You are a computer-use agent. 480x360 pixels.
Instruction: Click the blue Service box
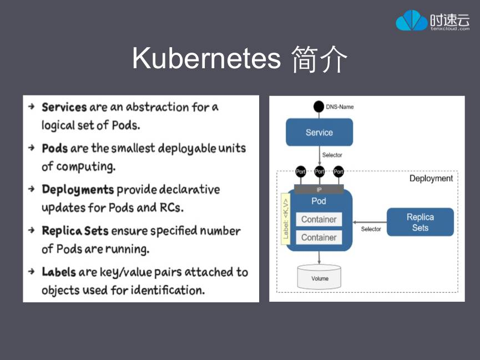tap(319, 133)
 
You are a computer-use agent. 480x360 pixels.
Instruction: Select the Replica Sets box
tap(420, 222)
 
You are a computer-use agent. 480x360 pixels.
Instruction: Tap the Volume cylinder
tap(319, 277)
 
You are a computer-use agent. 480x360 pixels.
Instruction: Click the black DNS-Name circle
tap(319, 107)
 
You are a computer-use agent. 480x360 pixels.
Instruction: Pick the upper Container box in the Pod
tap(319, 220)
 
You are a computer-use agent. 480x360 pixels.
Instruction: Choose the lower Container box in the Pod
tap(319, 237)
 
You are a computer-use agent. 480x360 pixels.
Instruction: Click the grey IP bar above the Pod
tap(319, 189)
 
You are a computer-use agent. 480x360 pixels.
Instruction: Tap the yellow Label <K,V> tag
tap(286, 219)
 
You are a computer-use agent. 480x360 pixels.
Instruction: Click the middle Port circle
tap(319, 171)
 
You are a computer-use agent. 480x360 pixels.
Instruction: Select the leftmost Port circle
tap(300, 171)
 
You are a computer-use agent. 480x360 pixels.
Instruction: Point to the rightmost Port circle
tap(338, 171)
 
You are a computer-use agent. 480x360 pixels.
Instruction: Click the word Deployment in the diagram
tap(431, 179)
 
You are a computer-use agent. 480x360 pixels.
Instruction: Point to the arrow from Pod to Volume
tap(319, 258)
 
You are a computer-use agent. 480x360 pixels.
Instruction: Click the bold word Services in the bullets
tap(64, 107)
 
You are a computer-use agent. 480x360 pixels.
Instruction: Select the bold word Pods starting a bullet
tap(55, 148)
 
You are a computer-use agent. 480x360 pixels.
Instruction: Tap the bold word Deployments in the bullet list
tap(78, 190)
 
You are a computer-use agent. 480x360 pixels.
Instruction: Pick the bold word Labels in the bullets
tap(59, 272)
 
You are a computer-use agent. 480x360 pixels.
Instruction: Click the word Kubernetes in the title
tap(206, 58)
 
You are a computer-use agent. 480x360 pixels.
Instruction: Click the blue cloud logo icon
tap(411, 21)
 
